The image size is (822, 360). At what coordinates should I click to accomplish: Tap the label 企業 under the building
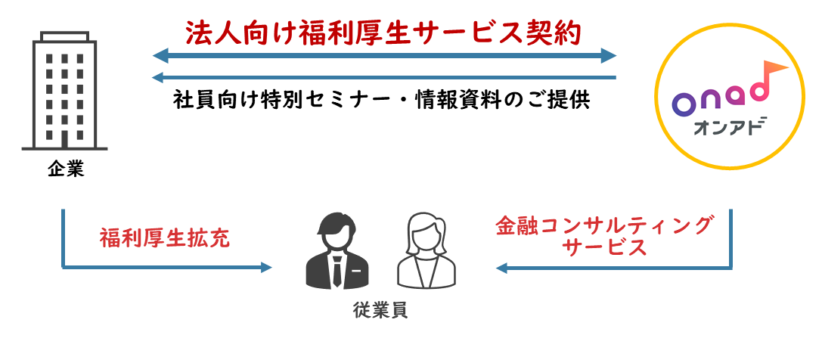[65, 170]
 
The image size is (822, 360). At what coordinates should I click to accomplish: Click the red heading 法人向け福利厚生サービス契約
[383, 33]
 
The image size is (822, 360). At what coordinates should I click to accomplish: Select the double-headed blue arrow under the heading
[384, 55]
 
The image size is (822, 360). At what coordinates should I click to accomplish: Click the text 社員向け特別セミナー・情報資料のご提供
[382, 101]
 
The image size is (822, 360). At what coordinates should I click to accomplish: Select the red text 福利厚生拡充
[165, 237]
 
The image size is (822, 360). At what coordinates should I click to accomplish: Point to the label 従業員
[380, 310]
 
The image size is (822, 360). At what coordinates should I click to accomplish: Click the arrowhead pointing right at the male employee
[265, 267]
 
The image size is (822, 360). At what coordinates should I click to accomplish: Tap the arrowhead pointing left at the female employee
[501, 267]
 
